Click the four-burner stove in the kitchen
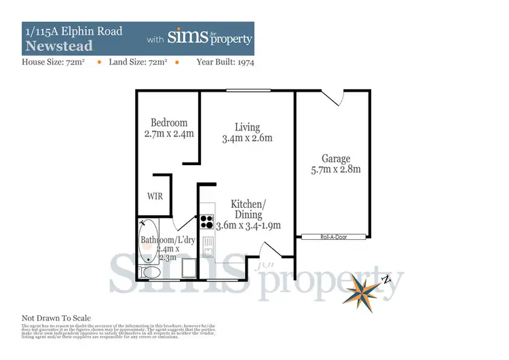tap(206, 222)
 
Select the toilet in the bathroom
tap(151, 272)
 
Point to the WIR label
tap(155, 196)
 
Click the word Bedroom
tap(169, 123)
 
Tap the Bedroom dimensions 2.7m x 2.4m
tap(169, 134)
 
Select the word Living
tap(248, 127)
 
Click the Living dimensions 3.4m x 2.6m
tap(247, 139)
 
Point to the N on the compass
tap(385, 279)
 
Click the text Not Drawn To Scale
tap(56, 318)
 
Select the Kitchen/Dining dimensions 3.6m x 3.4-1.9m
tap(248, 226)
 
